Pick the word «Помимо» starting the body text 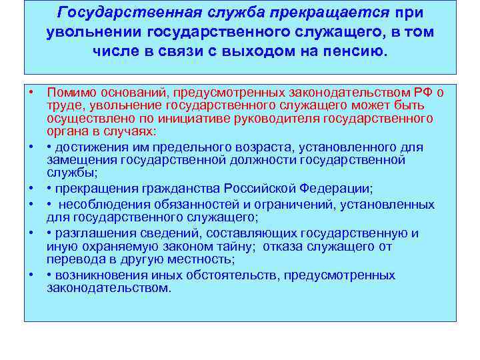point(69,91)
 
